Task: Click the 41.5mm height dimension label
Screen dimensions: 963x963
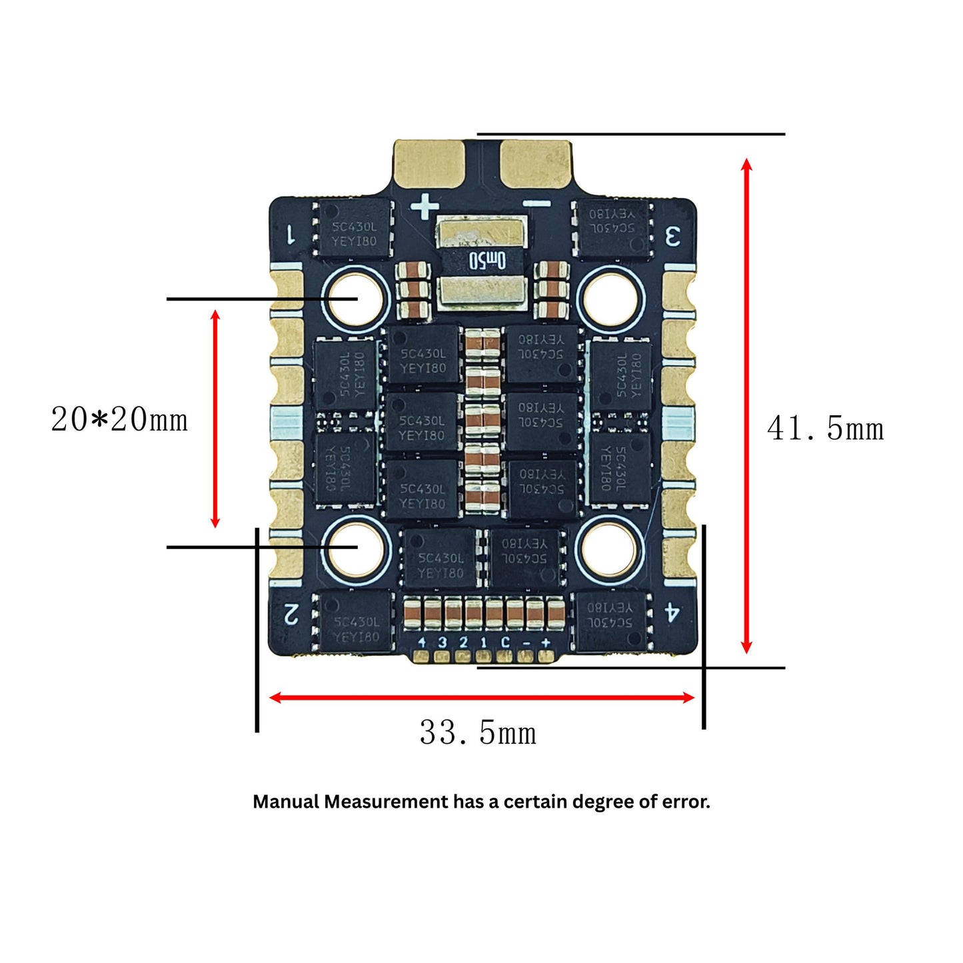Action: pos(825,428)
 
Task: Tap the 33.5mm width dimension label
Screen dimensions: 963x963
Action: pos(478,733)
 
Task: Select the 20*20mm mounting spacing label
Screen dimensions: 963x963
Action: pos(119,420)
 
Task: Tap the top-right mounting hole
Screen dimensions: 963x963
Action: pos(610,297)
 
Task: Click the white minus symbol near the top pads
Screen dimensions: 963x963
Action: pos(536,204)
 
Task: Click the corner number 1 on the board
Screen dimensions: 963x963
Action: pos(291,235)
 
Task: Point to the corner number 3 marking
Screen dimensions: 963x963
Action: pos(673,236)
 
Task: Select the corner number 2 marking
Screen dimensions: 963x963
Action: pos(291,613)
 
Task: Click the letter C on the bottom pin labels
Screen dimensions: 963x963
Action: pos(505,642)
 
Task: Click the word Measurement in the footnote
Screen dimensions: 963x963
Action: pos(386,802)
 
